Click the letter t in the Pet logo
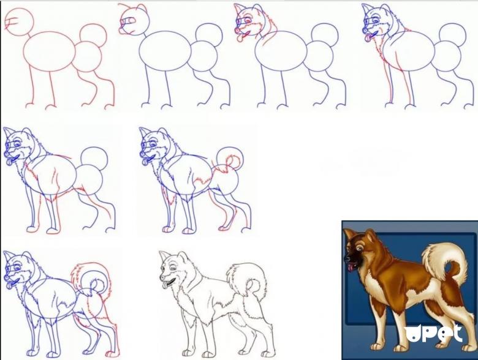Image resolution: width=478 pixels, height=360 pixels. click(x=457, y=334)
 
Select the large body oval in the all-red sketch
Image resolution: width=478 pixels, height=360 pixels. click(x=50, y=51)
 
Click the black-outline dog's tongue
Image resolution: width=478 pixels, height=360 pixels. click(x=165, y=285)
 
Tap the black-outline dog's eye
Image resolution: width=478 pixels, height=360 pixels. click(x=173, y=268)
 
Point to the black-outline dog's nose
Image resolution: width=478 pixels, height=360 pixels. click(x=161, y=279)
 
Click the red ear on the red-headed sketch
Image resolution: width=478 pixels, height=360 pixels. click(x=142, y=9)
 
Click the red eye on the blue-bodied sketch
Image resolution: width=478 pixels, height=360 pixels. click(x=249, y=20)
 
